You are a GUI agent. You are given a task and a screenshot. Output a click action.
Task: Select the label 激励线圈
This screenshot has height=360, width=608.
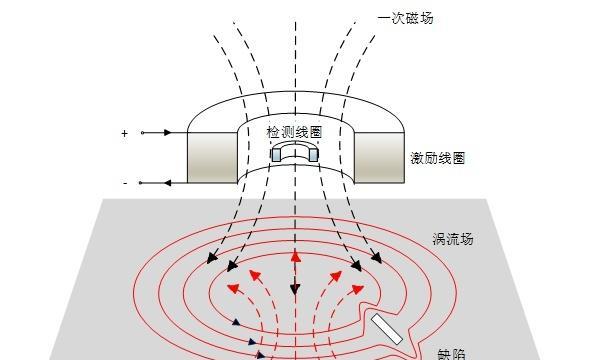(x=437, y=159)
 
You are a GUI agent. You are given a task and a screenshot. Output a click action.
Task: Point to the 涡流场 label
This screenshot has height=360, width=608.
(x=452, y=239)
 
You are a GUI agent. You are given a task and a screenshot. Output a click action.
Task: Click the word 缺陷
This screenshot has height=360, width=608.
(x=451, y=353)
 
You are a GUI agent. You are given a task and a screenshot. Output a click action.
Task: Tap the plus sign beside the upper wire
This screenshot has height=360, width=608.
(x=125, y=133)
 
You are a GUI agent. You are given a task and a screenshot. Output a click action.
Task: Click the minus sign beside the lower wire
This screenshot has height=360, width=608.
(x=125, y=183)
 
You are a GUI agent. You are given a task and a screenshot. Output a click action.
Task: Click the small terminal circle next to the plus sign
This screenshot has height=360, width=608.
(x=142, y=132)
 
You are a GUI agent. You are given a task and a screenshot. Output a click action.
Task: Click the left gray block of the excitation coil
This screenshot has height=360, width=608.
(x=211, y=158)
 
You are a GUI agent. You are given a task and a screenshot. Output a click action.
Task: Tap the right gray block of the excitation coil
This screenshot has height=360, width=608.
(x=379, y=158)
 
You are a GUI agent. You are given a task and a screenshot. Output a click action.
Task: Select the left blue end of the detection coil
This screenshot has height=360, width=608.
(x=276, y=155)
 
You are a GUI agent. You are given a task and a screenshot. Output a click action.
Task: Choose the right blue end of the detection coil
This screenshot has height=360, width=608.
(x=313, y=155)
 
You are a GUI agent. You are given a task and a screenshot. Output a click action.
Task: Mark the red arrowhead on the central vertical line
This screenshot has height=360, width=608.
(x=295, y=256)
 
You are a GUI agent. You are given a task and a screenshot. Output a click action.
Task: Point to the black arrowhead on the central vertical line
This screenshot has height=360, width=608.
(x=295, y=291)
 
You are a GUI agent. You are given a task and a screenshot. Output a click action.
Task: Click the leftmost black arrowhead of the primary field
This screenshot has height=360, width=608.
(x=211, y=260)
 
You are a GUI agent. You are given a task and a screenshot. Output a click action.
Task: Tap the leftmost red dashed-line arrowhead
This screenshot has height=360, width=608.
(x=233, y=288)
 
